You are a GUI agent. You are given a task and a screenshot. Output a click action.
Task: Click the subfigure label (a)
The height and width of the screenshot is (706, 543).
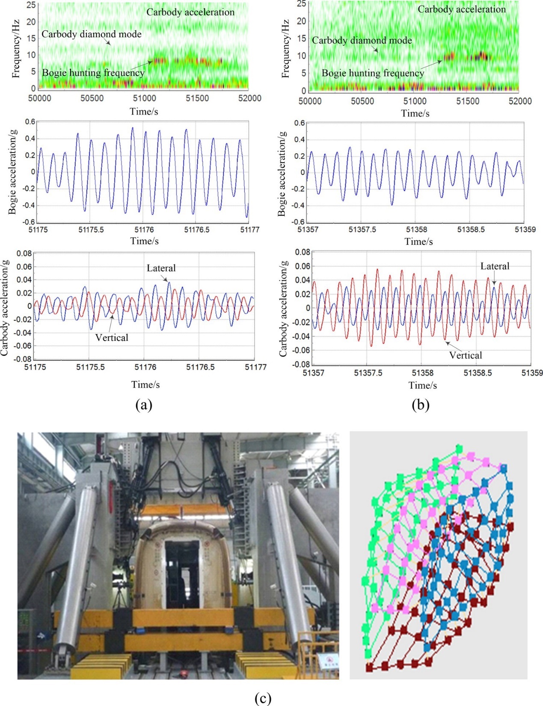[143, 405]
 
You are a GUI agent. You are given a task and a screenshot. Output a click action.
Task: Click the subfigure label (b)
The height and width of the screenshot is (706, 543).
[420, 405]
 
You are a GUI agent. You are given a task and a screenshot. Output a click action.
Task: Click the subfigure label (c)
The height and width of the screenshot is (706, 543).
[262, 698]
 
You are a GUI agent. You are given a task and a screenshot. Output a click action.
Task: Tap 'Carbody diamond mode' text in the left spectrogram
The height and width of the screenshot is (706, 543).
[91, 34]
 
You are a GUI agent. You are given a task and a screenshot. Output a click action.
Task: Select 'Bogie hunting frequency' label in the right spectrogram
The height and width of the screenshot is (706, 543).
[373, 73]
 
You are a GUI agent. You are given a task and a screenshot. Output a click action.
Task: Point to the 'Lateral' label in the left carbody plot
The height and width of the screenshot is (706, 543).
[161, 268]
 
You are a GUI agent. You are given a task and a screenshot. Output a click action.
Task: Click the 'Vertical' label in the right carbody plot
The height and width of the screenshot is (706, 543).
[465, 355]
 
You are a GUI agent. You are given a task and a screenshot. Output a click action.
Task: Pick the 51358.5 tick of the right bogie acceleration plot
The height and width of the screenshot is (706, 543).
[471, 229]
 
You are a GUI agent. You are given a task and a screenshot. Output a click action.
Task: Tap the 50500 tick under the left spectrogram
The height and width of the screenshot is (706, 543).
[92, 98]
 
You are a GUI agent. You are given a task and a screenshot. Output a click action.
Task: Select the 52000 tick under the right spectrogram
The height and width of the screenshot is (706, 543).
[520, 101]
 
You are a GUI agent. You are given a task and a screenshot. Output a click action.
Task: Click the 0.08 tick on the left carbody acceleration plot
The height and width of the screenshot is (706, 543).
[24, 253]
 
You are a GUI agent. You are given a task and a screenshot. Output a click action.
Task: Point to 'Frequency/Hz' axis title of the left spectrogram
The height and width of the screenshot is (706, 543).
[16, 49]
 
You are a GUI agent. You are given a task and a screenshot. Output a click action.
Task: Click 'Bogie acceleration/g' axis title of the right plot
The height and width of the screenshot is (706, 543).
[282, 173]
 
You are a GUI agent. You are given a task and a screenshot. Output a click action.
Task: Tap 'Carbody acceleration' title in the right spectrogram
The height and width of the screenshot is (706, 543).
[461, 9]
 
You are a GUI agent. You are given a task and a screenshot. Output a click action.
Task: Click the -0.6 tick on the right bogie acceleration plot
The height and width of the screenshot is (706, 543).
[298, 222]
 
